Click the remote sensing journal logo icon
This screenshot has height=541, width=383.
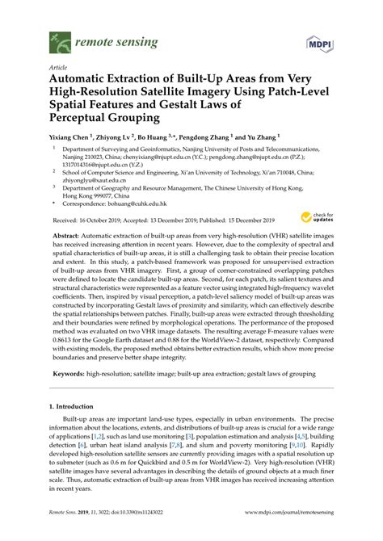tap(57, 38)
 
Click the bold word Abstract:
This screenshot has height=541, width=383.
tap(68, 233)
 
